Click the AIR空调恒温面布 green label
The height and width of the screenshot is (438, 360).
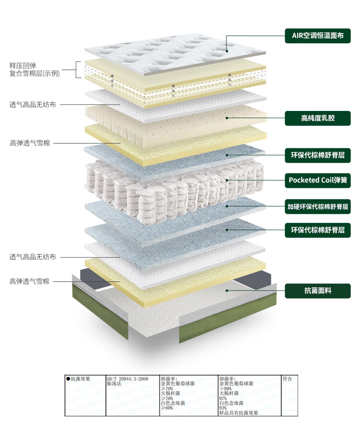[x=318, y=36]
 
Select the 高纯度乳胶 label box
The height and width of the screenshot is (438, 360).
[x=318, y=118]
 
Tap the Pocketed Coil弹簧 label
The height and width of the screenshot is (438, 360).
[x=318, y=180]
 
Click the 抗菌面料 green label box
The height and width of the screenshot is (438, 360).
[x=318, y=291]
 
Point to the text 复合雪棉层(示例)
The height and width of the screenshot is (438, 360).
[x=35, y=73]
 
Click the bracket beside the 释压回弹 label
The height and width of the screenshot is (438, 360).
[x=78, y=70]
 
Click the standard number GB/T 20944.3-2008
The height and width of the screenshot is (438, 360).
[x=127, y=379]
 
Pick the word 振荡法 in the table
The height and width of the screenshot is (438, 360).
[x=114, y=384]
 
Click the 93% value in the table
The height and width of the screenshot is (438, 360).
[x=223, y=408]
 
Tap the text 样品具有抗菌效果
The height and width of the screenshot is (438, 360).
[x=239, y=413]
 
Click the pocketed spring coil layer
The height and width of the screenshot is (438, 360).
[x=173, y=185]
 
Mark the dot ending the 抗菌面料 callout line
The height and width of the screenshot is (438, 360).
[x=227, y=290]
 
